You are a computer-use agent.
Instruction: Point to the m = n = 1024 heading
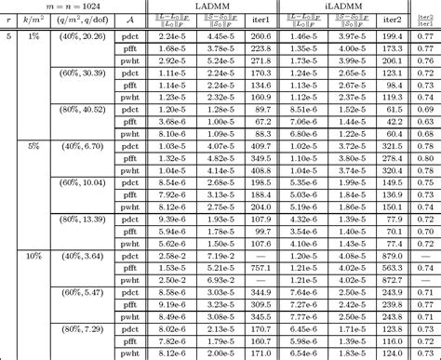point(73,7)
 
